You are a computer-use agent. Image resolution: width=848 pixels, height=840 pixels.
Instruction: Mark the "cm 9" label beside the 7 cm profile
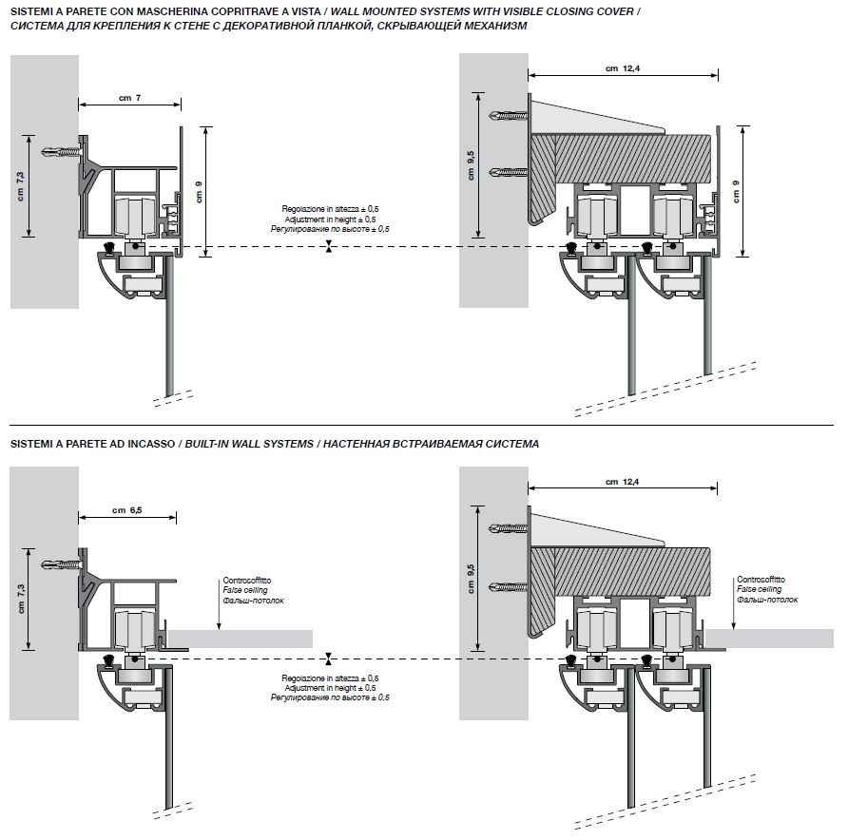click(x=199, y=193)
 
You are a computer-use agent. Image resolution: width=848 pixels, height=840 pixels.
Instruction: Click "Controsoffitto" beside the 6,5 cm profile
click(x=246, y=580)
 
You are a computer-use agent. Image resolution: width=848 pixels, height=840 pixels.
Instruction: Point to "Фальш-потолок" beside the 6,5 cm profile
click(x=253, y=601)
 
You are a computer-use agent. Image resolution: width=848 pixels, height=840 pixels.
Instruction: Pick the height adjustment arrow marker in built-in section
click(x=328, y=659)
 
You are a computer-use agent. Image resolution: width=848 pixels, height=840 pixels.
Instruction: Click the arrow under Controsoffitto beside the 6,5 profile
click(x=220, y=618)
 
